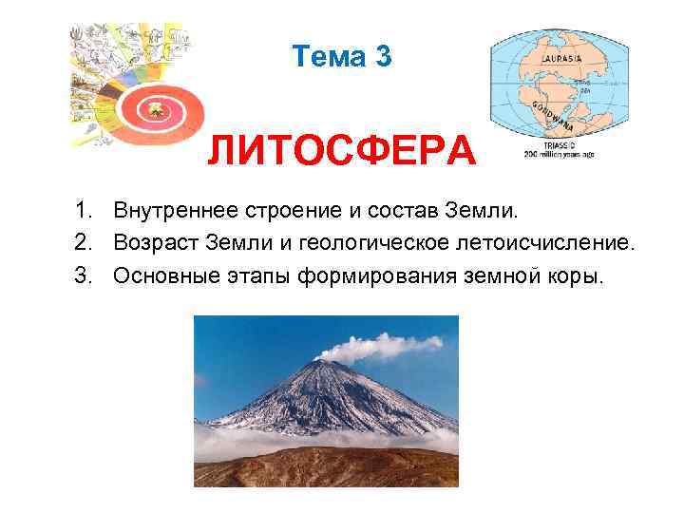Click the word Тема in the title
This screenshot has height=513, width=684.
329,57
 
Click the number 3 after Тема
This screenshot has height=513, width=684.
382,57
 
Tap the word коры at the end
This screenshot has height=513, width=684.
574,276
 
